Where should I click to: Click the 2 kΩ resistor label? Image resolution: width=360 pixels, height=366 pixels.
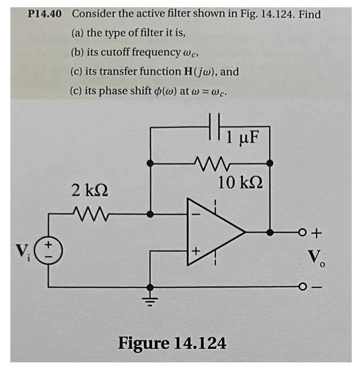(90, 191)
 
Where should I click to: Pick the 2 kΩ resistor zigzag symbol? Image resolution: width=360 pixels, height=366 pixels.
(89, 213)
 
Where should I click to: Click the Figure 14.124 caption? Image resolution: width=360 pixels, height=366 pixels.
(172, 343)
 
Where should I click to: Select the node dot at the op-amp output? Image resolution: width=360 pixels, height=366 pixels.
(269, 232)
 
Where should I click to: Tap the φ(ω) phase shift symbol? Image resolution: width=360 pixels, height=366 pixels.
(161, 90)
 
